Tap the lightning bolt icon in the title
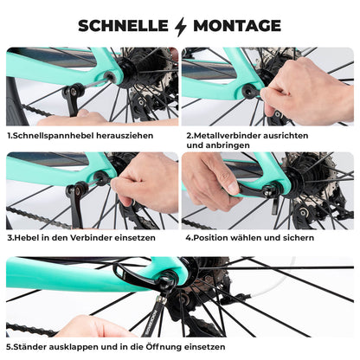point(180,26)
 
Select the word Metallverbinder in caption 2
point(231,136)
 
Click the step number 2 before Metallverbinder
point(189,136)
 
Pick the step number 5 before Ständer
point(10,347)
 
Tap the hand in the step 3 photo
point(147,182)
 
